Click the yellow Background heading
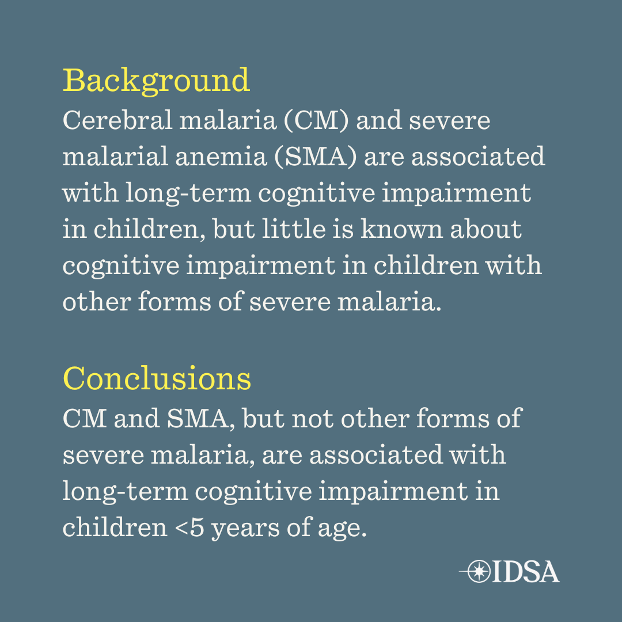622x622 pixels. tap(156, 81)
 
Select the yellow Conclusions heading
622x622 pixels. tap(157, 378)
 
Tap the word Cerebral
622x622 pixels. tap(118, 120)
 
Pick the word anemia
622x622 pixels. tap(221, 156)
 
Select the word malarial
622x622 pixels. tap(115, 156)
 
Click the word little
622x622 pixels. tap(294, 229)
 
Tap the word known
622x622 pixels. tap(401, 229)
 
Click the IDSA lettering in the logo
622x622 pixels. tap(526, 572)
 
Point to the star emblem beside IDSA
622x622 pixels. tap(479, 571)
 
